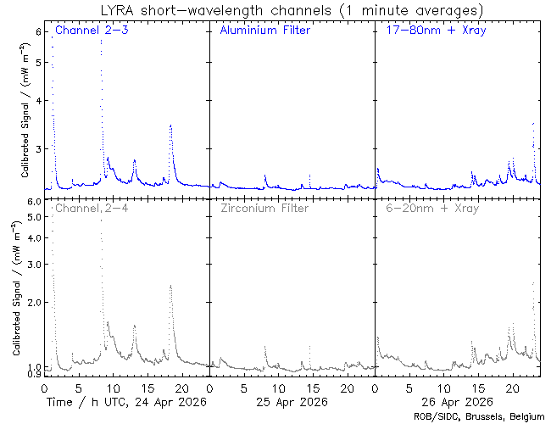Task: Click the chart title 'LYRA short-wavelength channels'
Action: pyautogui.click(x=216, y=10)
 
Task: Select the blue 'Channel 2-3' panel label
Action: pyautogui.click(x=92, y=30)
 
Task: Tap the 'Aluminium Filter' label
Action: pyautogui.click(x=265, y=30)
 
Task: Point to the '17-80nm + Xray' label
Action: pyautogui.click(x=436, y=31)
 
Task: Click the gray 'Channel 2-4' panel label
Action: pyautogui.click(x=92, y=208)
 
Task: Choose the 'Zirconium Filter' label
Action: pyautogui.click(x=264, y=208)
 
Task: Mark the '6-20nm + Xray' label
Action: pyautogui.click(x=432, y=208)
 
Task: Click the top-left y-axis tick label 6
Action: pyautogui.click(x=38, y=31)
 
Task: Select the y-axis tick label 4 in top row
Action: pyautogui.click(x=38, y=101)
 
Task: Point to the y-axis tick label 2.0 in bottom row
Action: pyautogui.click(x=34, y=302)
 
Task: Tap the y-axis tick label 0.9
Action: pyautogui.click(x=34, y=374)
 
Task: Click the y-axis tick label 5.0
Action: pyautogui.click(x=34, y=217)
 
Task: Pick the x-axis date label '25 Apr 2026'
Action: pyautogui.click(x=292, y=402)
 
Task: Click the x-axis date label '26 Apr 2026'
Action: pyautogui.click(x=457, y=402)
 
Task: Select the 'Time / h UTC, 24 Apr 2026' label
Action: pyautogui.click(x=126, y=402)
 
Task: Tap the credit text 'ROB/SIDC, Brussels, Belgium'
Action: pyautogui.click(x=479, y=417)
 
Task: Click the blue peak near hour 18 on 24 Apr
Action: pyautogui.click(x=170, y=126)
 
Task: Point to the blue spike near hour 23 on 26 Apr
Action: pyautogui.click(x=533, y=124)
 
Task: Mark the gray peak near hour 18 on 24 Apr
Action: pyautogui.click(x=170, y=286)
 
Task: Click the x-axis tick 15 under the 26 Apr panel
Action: pyautogui.click(x=478, y=388)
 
